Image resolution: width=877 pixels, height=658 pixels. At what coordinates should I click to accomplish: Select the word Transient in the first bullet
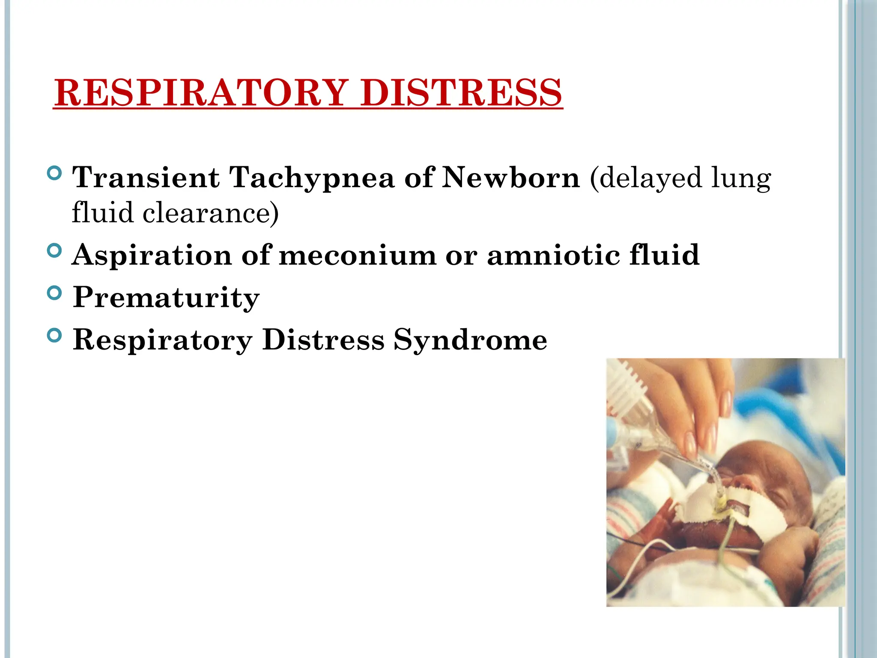point(146,177)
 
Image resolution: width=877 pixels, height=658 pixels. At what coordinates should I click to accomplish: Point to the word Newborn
point(511,177)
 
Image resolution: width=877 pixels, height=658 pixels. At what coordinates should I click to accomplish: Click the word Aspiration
point(152,255)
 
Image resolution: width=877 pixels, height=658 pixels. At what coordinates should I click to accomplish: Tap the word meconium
point(358,255)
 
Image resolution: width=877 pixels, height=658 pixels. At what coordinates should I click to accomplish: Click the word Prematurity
point(166,297)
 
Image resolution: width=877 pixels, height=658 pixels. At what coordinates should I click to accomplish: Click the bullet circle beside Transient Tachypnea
point(54,173)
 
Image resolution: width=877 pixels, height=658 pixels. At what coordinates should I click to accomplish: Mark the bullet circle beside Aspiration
point(54,251)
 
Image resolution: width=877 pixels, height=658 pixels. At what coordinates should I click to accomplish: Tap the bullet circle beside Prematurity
point(54,293)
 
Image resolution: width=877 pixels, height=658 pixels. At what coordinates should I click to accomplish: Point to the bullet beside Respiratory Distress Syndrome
point(54,335)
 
